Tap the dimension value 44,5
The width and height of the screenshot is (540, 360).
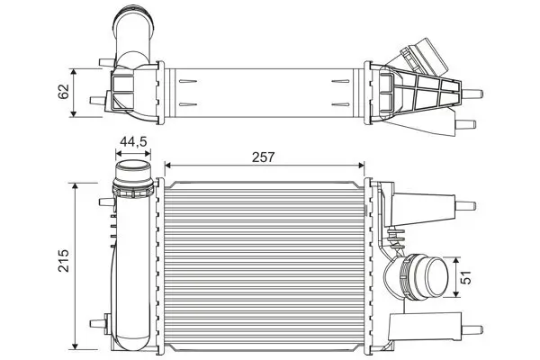coord(134,140)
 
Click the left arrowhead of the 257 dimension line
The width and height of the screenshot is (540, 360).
coord(168,166)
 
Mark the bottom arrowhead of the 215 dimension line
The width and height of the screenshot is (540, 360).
coord(76,347)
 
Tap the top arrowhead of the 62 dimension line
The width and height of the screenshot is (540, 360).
coord(76,69)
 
